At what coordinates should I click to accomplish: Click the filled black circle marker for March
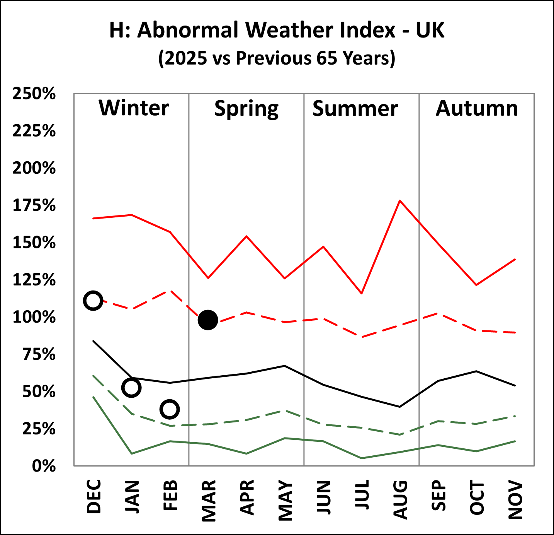click(x=208, y=320)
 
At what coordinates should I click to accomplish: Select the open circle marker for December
click(x=93, y=301)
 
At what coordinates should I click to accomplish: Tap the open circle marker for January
click(x=131, y=388)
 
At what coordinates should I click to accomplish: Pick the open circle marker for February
click(x=170, y=409)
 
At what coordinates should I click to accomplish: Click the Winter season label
click(x=134, y=108)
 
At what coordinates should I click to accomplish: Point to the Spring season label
click(x=246, y=109)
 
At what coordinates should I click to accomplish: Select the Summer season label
click(x=355, y=109)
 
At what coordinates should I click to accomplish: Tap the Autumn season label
click(x=477, y=108)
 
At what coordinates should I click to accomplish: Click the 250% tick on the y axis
click(x=34, y=94)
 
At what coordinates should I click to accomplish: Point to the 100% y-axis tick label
click(x=34, y=317)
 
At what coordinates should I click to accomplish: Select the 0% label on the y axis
click(x=44, y=466)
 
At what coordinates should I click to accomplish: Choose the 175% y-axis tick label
click(x=34, y=205)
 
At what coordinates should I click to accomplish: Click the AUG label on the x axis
click(x=400, y=499)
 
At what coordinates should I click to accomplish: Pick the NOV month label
click(x=515, y=500)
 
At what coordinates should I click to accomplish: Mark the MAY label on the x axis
click(x=285, y=500)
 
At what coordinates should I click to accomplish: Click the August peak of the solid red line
click(x=400, y=200)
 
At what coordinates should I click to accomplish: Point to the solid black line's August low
click(x=400, y=407)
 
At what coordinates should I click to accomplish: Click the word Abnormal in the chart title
click(x=189, y=30)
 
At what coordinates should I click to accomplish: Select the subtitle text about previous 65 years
click(x=277, y=58)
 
